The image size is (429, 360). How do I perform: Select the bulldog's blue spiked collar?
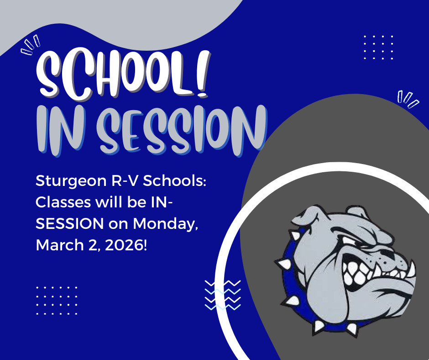pyautogui.click(x=292, y=283)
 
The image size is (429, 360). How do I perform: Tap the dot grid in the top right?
pyautogui.click(x=378, y=47)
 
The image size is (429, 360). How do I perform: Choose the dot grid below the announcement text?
pyautogui.click(x=57, y=300)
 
